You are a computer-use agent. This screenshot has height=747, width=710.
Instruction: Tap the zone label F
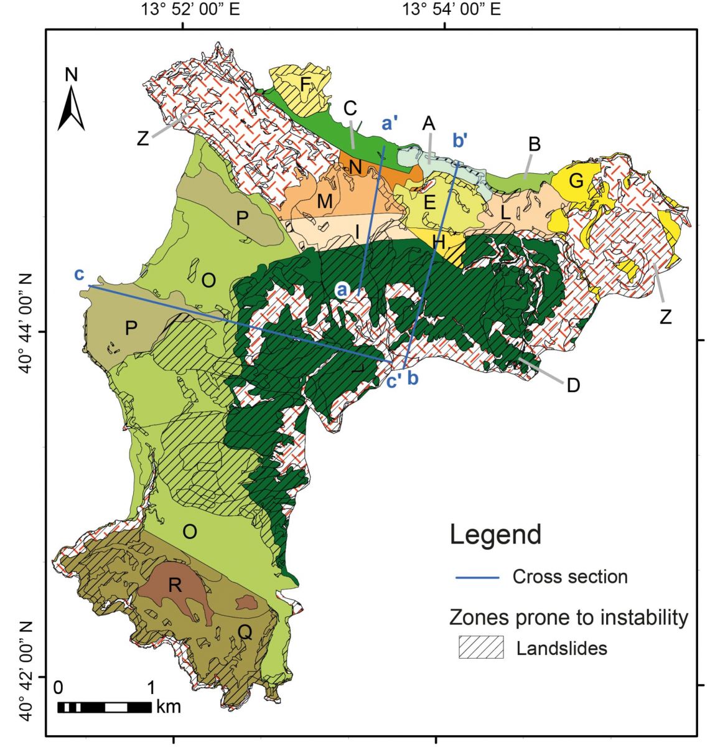(x=306, y=83)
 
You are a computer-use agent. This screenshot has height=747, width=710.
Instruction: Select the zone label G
(x=576, y=182)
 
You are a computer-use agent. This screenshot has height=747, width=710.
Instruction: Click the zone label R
(x=175, y=585)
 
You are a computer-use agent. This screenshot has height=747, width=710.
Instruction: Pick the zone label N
(x=355, y=166)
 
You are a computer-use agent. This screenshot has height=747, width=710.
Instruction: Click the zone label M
(x=325, y=201)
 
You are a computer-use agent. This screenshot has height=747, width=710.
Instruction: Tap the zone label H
(x=439, y=243)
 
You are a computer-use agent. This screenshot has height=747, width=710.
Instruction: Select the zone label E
(x=429, y=204)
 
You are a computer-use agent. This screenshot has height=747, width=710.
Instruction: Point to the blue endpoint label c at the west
(x=79, y=275)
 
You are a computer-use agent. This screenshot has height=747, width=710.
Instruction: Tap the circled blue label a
(x=342, y=289)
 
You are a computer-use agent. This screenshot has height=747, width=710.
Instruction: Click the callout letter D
(x=573, y=385)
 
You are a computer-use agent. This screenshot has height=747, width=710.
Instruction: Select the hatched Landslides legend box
(x=480, y=648)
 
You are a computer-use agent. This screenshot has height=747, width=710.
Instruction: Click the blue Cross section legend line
(x=477, y=578)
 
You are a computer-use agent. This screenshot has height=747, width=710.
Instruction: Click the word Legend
(x=495, y=535)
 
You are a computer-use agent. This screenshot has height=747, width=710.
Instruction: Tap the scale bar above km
(x=104, y=707)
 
